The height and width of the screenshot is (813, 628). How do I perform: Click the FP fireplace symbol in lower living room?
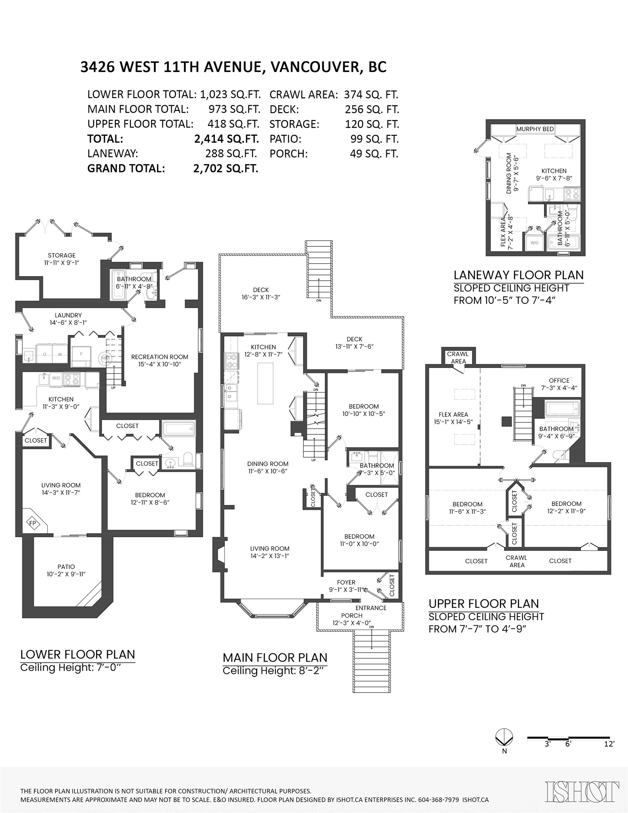pyautogui.click(x=33, y=523)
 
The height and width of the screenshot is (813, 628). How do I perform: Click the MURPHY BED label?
pyautogui.click(x=535, y=129)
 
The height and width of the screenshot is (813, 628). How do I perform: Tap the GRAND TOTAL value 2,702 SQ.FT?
pyautogui.click(x=225, y=169)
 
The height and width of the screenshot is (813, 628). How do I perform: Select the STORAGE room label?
pyautogui.click(x=61, y=255)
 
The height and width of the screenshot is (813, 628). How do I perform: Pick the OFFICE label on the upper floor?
pyautogui.click(x=559, y=380)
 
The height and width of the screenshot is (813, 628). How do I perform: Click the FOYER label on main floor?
pyautogui.click(x=346, y=582)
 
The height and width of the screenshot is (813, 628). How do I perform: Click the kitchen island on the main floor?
pyautogui.click(x=265, y=383)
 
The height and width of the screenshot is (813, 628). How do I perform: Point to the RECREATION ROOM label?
pyautogui.click(x=160, y=357)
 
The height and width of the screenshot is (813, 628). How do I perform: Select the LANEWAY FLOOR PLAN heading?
pyautogui.click(x=519, y=275)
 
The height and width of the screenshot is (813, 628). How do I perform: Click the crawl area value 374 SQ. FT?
pyautogui.click(x=371, y=95)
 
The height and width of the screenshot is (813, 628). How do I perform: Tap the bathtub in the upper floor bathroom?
pyautogui.click(x=562, y=408)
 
